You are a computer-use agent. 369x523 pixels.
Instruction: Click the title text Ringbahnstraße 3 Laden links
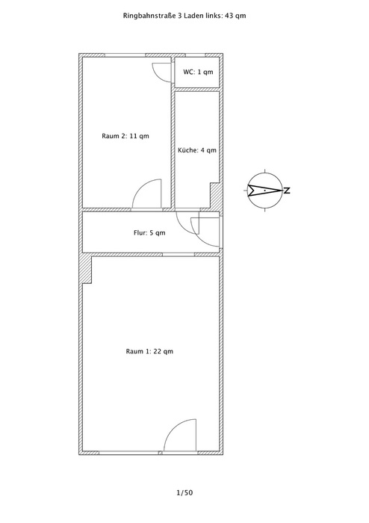171,16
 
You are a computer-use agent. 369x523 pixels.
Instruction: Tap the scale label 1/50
184,492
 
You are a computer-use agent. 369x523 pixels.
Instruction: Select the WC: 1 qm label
198,72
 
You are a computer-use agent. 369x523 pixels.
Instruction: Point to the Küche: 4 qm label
197,150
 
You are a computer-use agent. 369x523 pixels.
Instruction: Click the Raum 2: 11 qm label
125,136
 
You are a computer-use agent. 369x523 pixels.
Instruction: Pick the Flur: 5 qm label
149,233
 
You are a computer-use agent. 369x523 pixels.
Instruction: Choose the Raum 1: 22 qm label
149,351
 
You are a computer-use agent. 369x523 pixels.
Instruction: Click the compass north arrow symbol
265,191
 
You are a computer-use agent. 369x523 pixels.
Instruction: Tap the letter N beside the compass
287,191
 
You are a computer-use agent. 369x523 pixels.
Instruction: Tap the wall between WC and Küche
197,90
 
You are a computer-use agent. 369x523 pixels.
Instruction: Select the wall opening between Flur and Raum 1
179,255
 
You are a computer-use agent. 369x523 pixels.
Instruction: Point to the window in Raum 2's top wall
125,55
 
